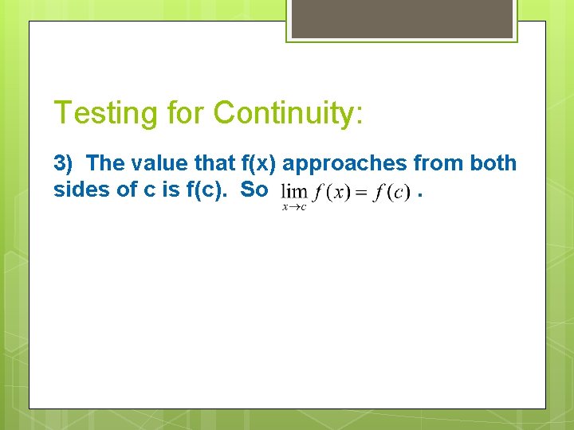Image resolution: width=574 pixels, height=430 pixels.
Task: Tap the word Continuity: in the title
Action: point(289,113)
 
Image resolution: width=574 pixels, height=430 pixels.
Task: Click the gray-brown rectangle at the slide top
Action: point(402,18)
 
